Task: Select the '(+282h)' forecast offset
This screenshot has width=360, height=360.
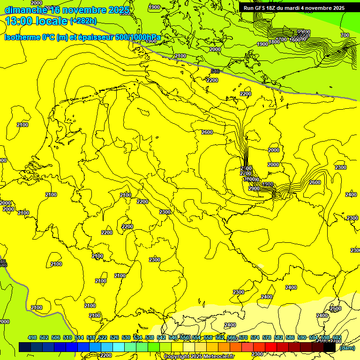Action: [83, 21]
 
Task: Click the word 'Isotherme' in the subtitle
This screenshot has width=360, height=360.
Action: [22, 37]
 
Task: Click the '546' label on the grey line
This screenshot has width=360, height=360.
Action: [215, 71]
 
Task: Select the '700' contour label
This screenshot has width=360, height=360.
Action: [345, 36]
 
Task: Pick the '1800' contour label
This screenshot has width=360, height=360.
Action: [274, 42]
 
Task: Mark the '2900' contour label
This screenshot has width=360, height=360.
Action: [254, 188]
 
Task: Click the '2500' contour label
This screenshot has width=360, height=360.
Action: [335, 309]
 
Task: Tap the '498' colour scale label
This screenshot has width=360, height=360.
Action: [32, 337]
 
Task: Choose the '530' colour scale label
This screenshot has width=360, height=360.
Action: [126, 337]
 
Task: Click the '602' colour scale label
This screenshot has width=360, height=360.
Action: [337, 337]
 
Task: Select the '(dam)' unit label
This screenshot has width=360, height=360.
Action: [347, 347]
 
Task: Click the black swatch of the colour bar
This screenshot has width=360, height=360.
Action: [330, 347]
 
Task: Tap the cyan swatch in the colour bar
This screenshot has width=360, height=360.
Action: [119, 347]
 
